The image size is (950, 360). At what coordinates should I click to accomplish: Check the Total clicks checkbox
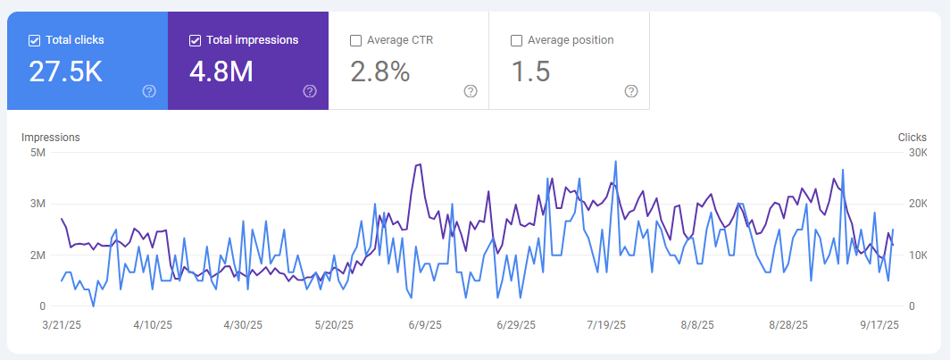click(x=34, y=40)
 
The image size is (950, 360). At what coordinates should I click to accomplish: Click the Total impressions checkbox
click(x=195, y=40)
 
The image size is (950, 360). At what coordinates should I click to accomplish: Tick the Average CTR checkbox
click(x=355, y=40)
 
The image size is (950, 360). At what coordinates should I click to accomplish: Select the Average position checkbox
click(x=516, y=40)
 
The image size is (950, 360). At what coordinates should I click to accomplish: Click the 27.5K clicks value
click(x=65, y=72)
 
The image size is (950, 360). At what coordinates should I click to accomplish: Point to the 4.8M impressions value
click(x=223, y=72)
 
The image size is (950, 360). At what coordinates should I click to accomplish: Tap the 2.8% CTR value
click(x=380, y=72)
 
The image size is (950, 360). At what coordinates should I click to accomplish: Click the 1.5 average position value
click(x=529, y=72)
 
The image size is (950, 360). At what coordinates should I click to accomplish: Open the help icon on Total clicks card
click(x=149, y=91)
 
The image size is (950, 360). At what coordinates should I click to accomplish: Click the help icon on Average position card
click(x=631, y=91)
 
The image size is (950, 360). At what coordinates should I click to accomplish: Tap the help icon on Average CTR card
click(x=471, y=91)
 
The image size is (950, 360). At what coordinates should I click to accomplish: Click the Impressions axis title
click(x=51, y=138)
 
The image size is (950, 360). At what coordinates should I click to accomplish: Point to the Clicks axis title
click(x=912, y=138)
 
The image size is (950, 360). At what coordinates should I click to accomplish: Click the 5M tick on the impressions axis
click(x=37, y=152)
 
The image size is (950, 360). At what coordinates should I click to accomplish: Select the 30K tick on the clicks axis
click(x=917, y=152)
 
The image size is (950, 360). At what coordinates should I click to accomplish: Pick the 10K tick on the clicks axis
click(x=917, y=255)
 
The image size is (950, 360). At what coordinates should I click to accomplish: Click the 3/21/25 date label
click(x=62, y=326)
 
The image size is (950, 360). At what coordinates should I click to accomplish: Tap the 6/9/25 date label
click(x=424, y=326)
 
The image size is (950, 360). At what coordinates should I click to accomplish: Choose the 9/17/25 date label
click(x=879, y=326)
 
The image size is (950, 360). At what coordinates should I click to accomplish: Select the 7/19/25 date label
click(x=607, y=326)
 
